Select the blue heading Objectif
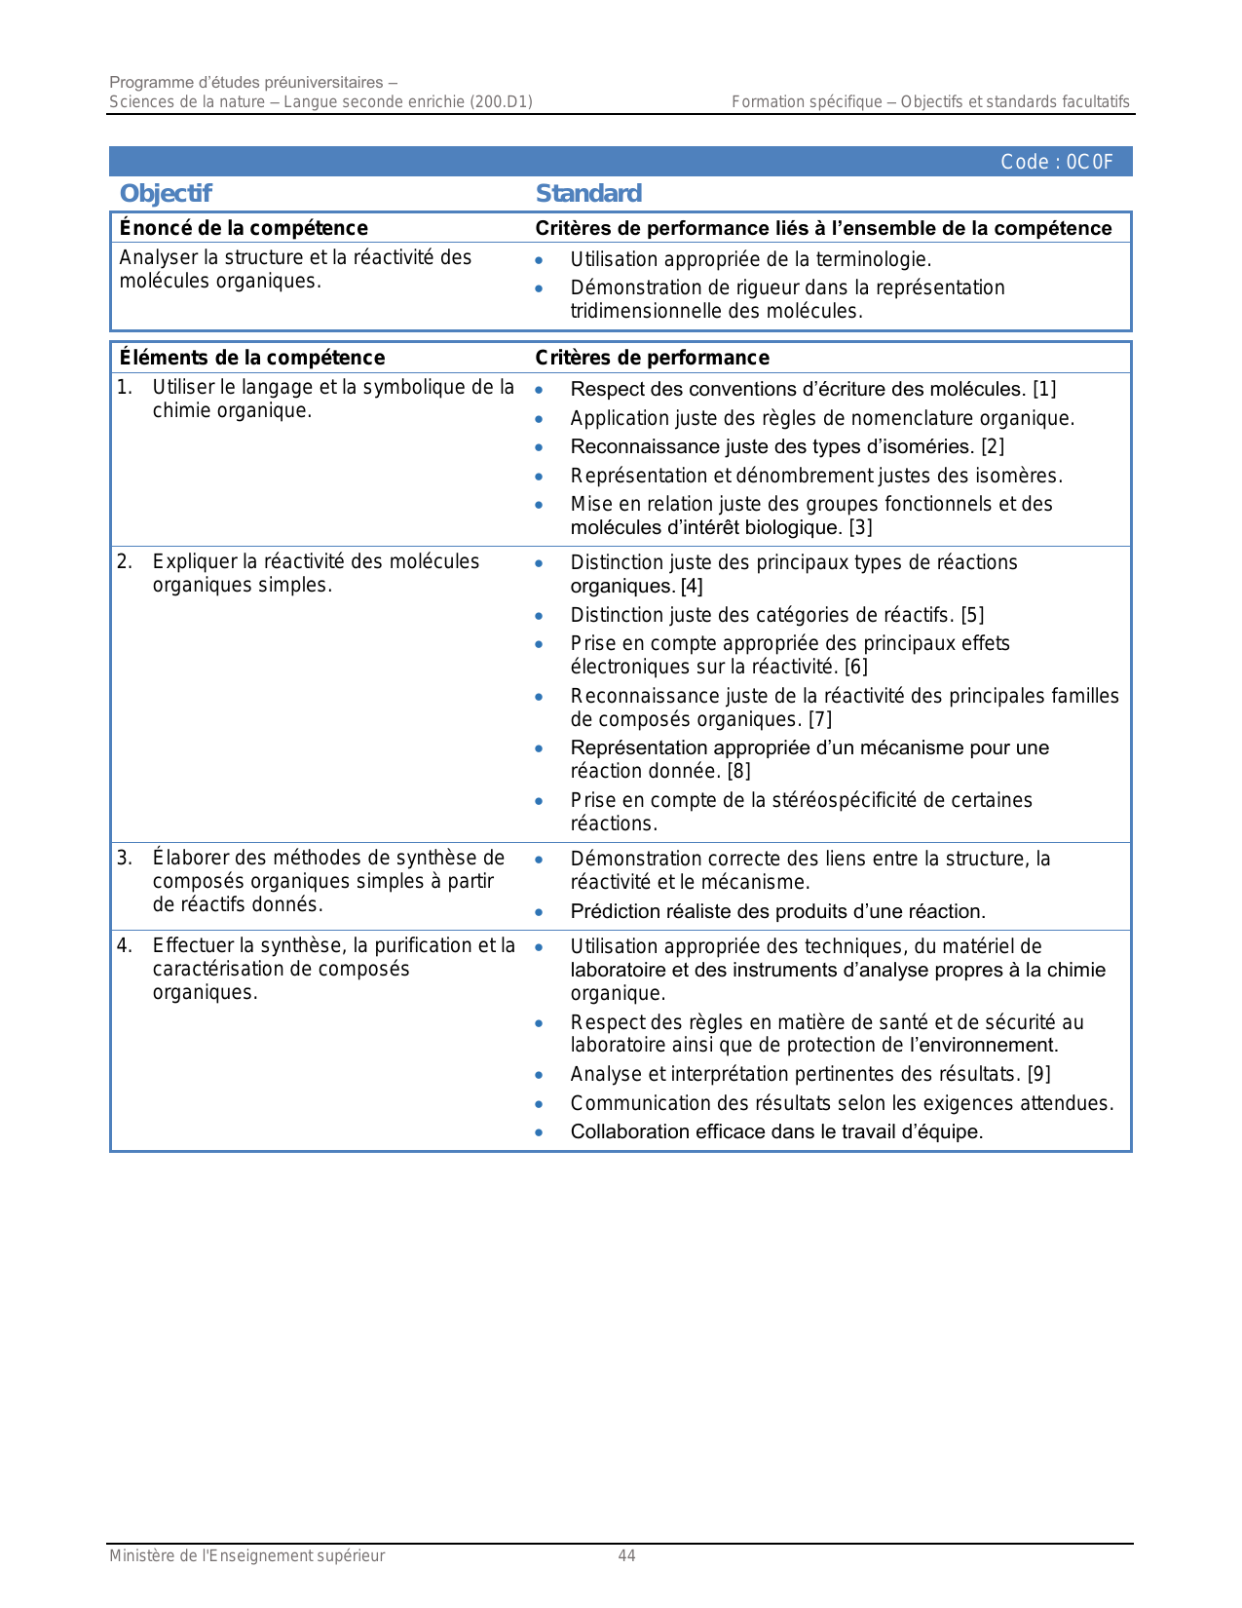point(166,193)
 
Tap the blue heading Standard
point(588,193)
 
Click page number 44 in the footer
point(626,1556)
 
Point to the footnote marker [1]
point(1044,389)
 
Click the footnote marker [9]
point(1039,1074)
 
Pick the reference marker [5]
point(972,615)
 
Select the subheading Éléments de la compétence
point(252,358)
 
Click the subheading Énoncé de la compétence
point(244,228)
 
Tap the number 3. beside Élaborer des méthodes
point(125,858)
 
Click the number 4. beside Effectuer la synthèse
point(125,945)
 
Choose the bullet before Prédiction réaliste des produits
point(539,912)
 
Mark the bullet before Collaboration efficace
point(539,1132)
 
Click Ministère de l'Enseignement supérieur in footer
point(246,1556)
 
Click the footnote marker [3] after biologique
point(860,528)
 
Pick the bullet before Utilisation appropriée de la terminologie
point(539,260)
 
